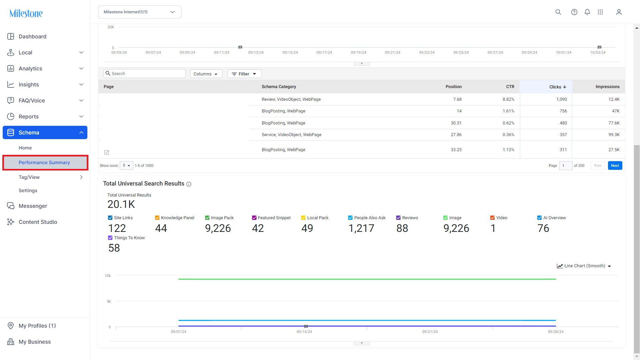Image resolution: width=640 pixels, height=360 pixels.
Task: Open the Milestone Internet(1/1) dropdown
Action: click(x=140, y=12)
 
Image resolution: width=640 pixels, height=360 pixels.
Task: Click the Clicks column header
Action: click(x=558, y=87)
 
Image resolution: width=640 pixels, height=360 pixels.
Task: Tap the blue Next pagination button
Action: click(x=615, y=165)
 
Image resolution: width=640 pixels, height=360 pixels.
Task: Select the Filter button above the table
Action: click(x=244, y=74)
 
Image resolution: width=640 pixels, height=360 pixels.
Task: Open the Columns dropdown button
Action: click(x=206, y=74)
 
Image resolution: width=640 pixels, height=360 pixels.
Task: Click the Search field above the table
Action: click(x=145, y=73)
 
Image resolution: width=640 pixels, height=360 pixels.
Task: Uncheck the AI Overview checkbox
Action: click(x=539, y=218)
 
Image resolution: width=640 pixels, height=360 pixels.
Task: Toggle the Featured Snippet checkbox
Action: click(x=254, y=218)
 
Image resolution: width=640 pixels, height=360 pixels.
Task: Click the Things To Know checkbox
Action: click(x=110, y=238)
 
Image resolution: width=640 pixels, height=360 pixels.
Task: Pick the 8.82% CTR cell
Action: click(x=508, y=99)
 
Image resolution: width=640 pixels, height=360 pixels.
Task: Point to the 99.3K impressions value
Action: click(x=614, y=135)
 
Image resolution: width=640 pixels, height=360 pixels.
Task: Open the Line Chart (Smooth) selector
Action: click(x=584, y=266)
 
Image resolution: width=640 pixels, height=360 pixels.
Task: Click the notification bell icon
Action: click(x=587, y=12)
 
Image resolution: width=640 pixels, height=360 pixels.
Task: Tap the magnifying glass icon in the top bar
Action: click(x=558, y=12)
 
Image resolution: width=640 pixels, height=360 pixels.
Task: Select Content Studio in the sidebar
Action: click(x=38, y=222)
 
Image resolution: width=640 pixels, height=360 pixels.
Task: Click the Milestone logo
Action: click(x=26, y=13)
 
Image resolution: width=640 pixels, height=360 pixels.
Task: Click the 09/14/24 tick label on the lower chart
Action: click(x=304, y=332)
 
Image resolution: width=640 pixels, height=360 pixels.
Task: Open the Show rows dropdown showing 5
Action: click(x=126, y=165)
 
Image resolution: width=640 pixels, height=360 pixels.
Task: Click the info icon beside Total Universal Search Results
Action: click(x=189, y=184)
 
